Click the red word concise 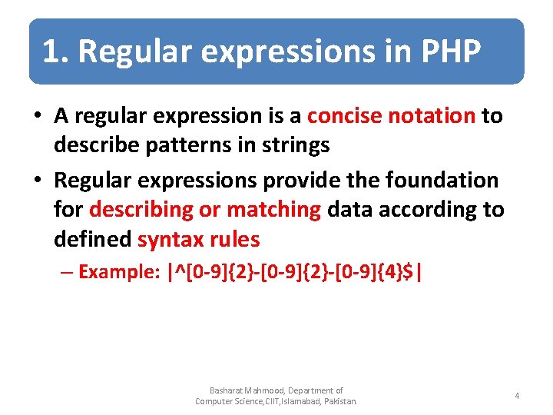coord(345,116)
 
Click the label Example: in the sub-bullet coord(119,272)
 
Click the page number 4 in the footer coord(517,396)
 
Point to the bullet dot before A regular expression coord(37,117)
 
